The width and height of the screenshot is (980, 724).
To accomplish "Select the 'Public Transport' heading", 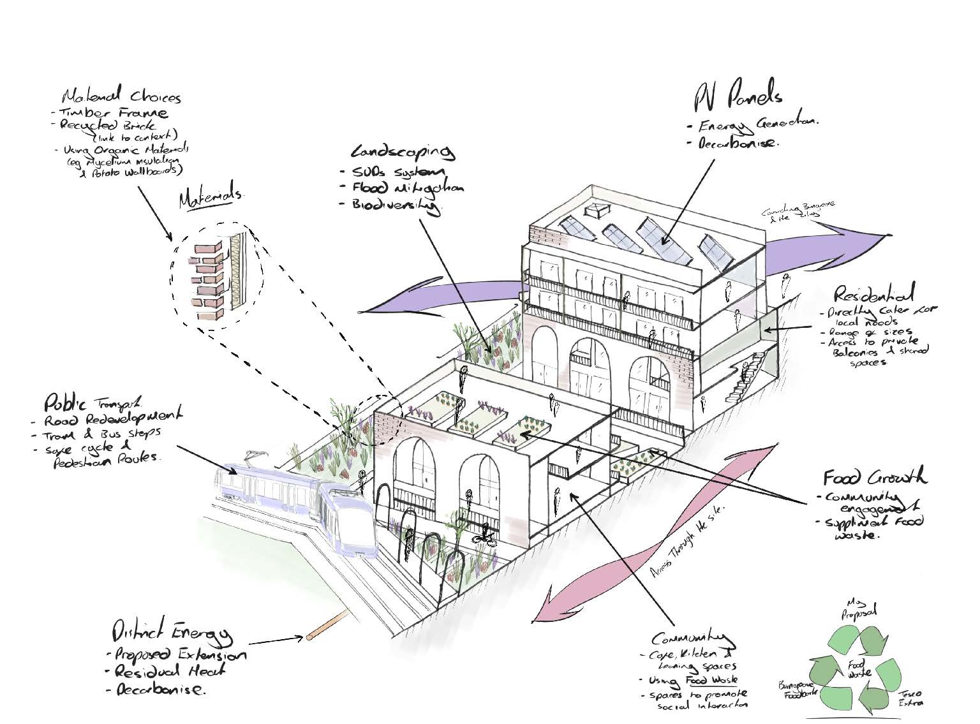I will pos(94,403).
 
